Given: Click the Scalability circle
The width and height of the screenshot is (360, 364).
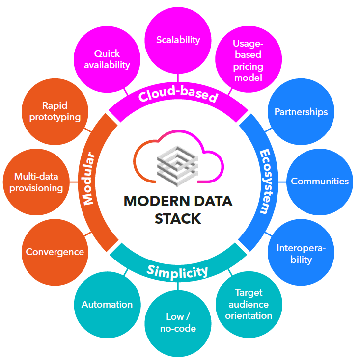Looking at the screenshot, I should click(x=178, y=40).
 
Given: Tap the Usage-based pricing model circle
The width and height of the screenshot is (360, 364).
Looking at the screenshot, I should click(x=248, y=60).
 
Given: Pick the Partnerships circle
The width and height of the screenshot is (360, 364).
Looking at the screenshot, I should click(x=301, y=112).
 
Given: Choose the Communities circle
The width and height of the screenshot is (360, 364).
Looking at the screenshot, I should click(x=319, y=181).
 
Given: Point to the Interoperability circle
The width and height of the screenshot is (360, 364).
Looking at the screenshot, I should click(x=301, y=253).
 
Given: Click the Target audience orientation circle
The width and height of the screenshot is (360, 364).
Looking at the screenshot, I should click(x=248, y=304).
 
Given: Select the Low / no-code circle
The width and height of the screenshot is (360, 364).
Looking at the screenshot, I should click(x=178, y=322).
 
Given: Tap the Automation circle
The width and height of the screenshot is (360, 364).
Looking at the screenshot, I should click(x=107, y=304).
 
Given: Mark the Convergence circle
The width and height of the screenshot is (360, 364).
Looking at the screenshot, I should click(x=55, y=252).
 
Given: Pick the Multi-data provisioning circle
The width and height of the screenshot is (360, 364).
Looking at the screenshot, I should click(x=38, y=182).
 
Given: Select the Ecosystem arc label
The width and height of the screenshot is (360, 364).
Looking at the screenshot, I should click(x=265, y=182).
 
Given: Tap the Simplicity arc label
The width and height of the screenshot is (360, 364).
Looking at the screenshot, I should click(x=177, y=269).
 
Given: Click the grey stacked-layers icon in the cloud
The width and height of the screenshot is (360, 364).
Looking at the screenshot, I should click(x=177, y=162).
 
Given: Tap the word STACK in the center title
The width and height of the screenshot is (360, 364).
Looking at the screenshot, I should click(x=178, y=219).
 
